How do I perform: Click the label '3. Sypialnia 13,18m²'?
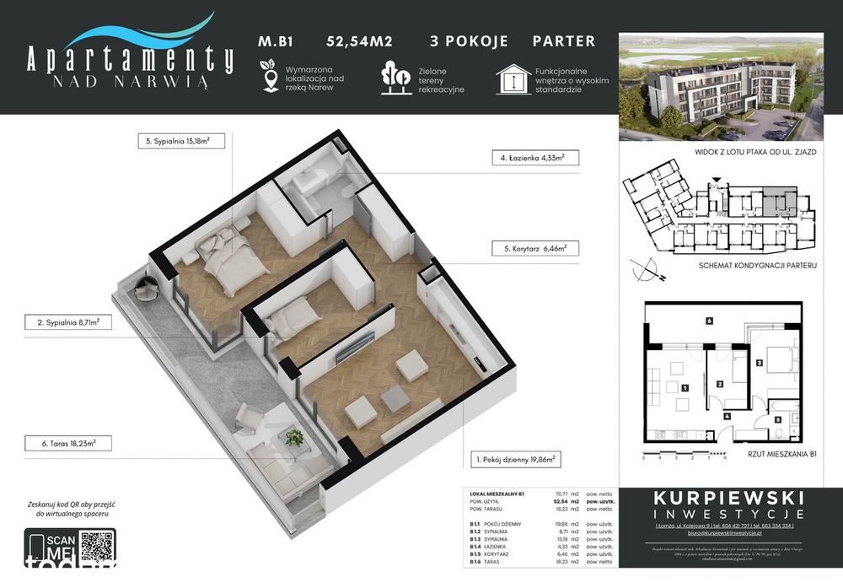[x=180, y=142]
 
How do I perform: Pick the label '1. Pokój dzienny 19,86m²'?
[x=513, y=461]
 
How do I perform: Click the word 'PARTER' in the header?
[x=564, y=40]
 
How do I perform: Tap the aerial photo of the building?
[x=721, y=87]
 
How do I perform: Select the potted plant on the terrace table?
[x=293, y=436]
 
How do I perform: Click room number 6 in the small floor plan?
[x=710, y=321]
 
